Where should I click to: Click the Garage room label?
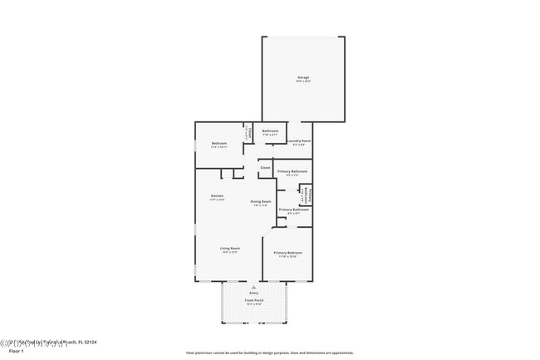coord(303,77)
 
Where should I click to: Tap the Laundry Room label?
coord(299,141)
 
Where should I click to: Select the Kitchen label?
coord(217,196)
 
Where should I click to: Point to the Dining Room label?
coord(261,201)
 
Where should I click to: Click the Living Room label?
coord(230,249)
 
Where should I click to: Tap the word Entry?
coord(253,293)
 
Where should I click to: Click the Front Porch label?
coord(253,300)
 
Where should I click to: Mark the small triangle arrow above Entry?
coord(253,287)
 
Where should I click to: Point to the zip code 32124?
coord(91,342)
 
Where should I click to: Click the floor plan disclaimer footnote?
coord(269,352)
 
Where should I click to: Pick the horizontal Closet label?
coord(265,168)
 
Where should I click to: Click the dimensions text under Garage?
coord(303,81)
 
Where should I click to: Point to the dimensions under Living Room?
coord(230,253)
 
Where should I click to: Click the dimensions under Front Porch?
coord(253,304)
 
